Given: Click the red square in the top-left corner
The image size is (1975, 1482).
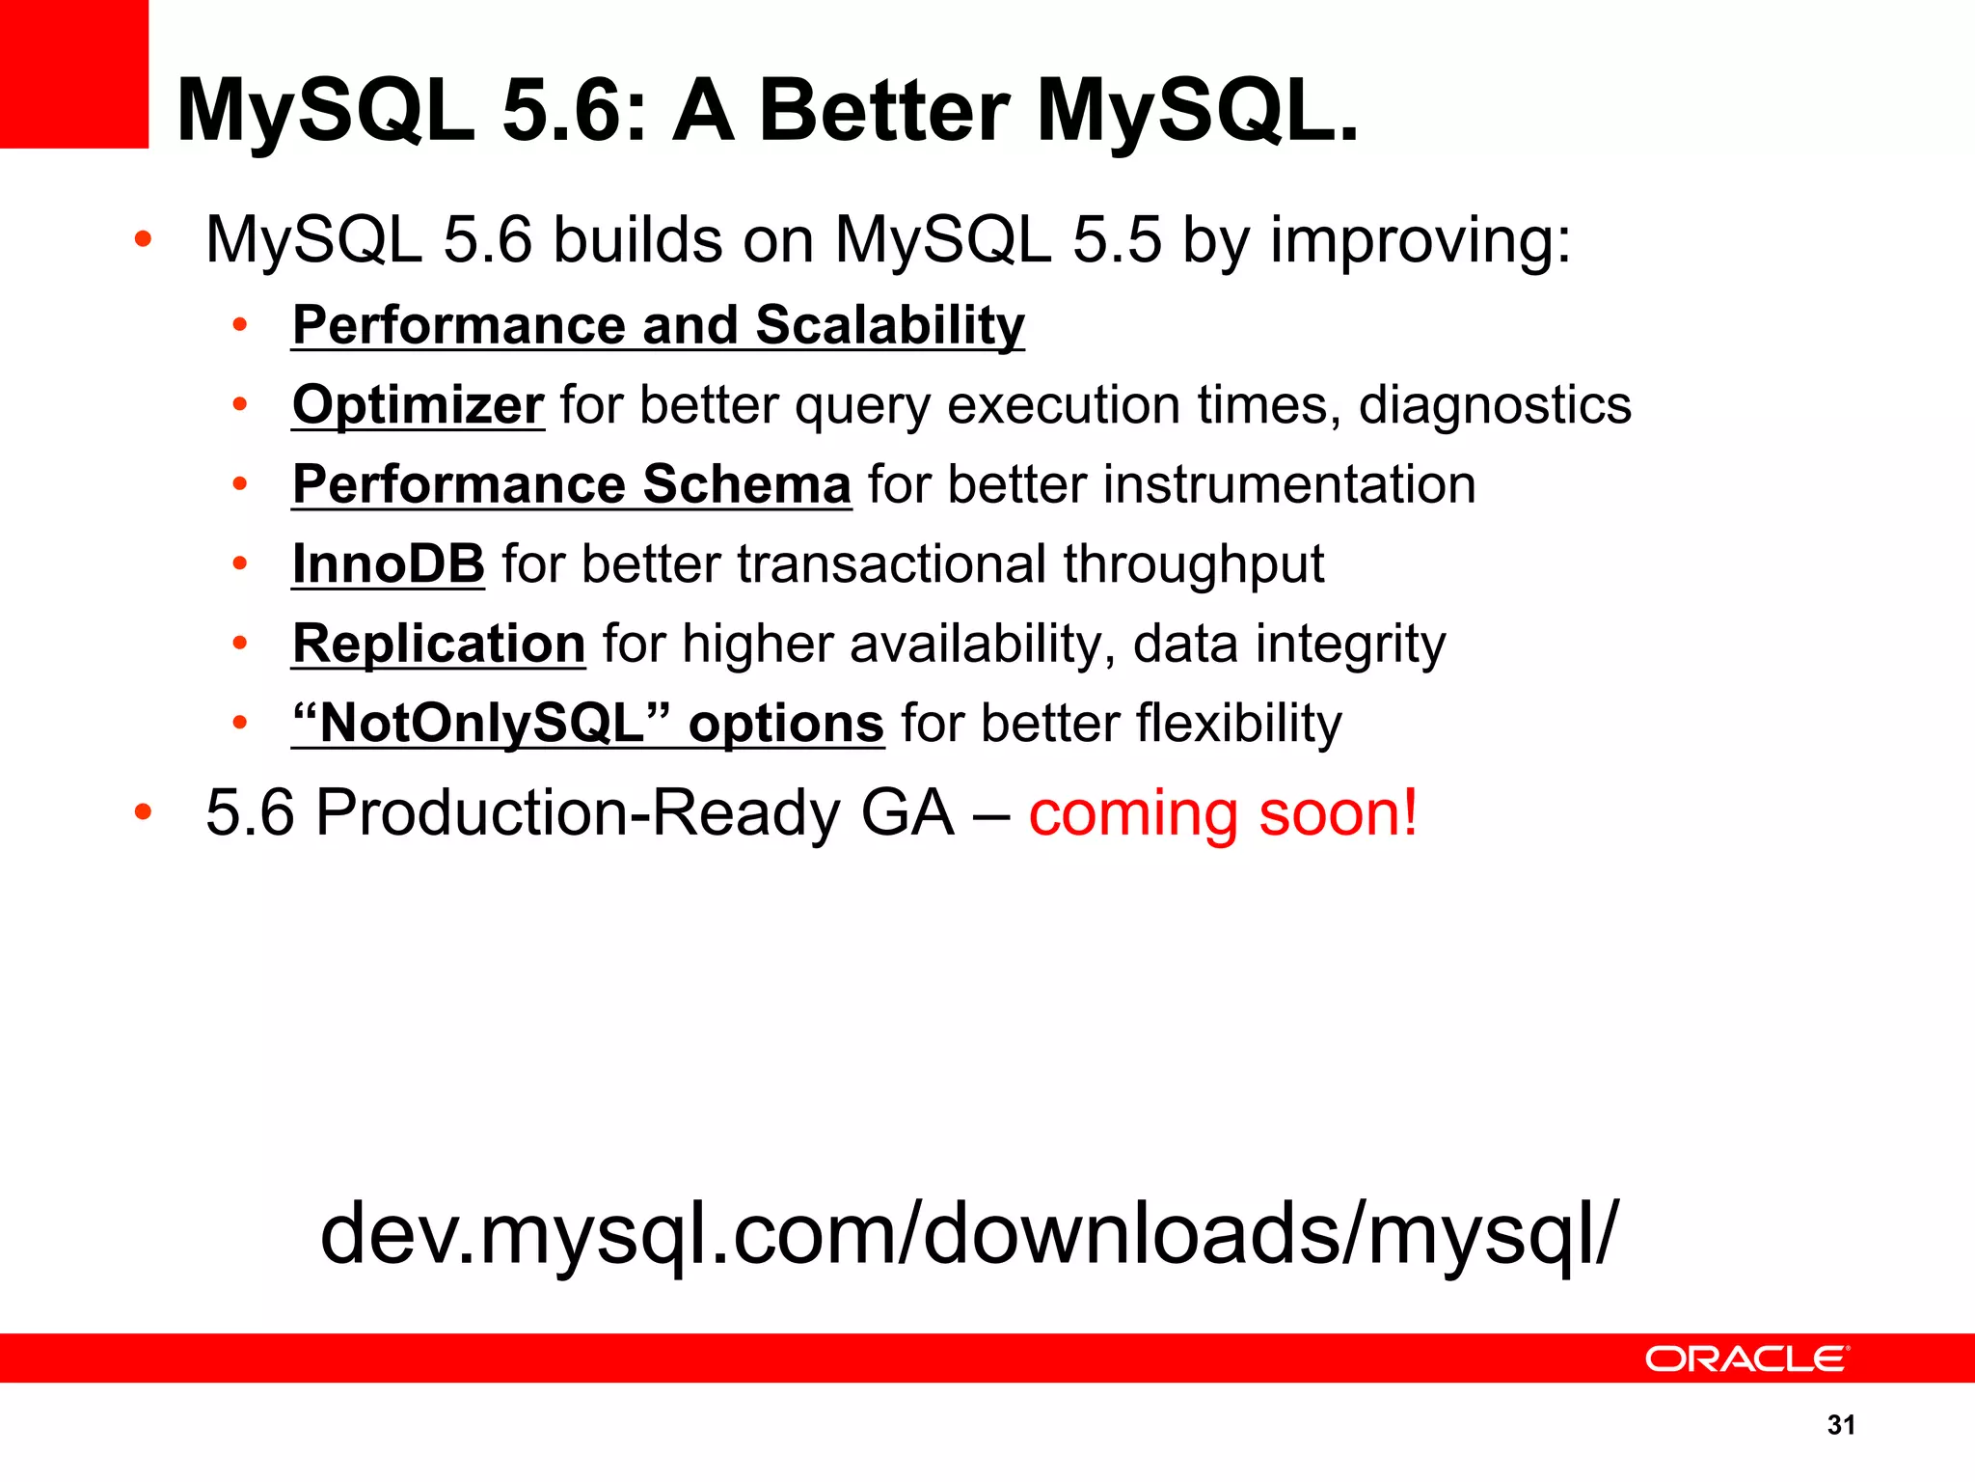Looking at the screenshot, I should (73, 73).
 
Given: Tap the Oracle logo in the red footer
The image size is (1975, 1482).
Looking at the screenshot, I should (1746, 1358).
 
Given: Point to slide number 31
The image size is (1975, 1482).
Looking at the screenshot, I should (1841, 1425).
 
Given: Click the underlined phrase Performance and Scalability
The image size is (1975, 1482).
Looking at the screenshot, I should (658, 325).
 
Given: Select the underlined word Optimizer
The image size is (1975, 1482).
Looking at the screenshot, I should (418, 405).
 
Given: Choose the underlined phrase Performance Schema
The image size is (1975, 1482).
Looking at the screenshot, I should (571, 484).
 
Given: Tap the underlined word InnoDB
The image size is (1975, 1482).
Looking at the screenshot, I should (388, 564).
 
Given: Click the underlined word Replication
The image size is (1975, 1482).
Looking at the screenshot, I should (439, 644).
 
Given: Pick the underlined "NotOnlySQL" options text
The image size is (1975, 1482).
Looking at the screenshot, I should (587, 724).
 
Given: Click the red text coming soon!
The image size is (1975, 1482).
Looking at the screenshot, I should (1223, 813).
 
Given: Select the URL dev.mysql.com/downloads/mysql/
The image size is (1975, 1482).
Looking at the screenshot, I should (968, 1235).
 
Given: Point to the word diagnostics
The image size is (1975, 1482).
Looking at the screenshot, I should (1495, 405).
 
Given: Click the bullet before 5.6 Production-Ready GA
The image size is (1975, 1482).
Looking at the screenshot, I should (143, 812).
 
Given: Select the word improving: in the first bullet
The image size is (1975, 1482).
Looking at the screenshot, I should (1420, 240).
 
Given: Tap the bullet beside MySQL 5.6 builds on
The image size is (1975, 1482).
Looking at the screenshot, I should (143, 239).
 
